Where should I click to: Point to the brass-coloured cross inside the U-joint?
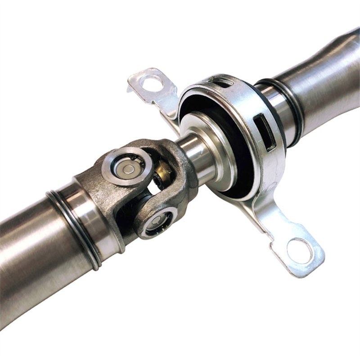163,173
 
